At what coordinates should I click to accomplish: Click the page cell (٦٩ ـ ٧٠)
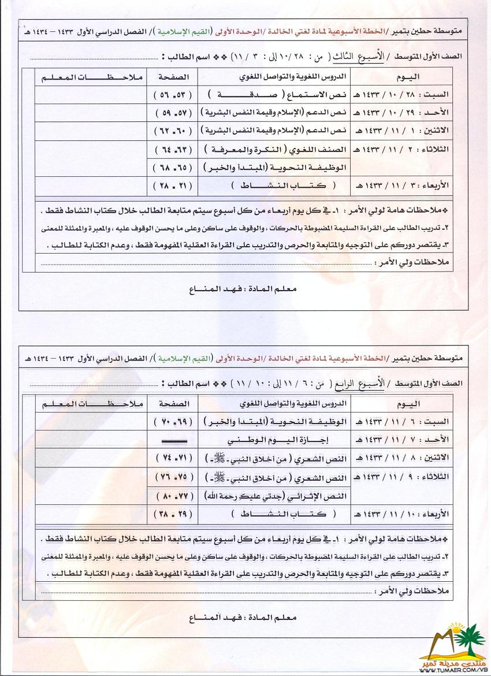(172, 422)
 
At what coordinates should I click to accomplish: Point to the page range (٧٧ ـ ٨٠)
(172, 496)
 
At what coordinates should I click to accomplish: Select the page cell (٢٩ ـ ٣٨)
(172, 514)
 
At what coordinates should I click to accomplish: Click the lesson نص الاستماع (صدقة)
(276, 95)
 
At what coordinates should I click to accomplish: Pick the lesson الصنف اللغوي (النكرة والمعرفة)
(276, 150)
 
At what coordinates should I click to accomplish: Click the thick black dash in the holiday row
(172, 440)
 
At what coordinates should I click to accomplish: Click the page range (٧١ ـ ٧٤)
(172, 459)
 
